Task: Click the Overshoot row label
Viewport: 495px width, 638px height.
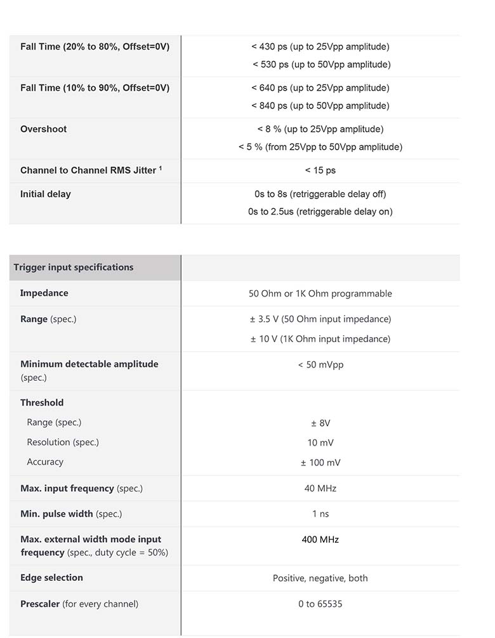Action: pos(43,129)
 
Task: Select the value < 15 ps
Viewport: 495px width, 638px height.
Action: pos(320,170)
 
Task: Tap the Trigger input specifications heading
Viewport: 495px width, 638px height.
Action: pos(74,267)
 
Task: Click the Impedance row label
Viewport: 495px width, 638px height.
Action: pos(44,293)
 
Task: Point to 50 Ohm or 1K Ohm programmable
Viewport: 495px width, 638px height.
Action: pos(320,294)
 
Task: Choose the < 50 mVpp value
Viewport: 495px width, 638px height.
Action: pos(320,364)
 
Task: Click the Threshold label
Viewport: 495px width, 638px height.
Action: pos(42,402)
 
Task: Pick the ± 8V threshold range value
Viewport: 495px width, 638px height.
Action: pos(320,423)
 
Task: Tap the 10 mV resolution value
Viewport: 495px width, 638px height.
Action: pos(320,442)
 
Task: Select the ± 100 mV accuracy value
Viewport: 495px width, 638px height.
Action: pos(320,463)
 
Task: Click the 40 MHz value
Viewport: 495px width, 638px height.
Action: pos(320,488)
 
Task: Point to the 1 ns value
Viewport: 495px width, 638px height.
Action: pos(320,514)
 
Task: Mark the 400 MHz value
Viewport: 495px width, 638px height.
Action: pos(320,540)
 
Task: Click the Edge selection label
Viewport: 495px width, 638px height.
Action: pos(51,578)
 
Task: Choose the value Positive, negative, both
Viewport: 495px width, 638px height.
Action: pos(320,578)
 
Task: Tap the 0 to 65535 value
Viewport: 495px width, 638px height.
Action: pos(320,604)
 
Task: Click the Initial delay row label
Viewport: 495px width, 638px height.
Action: pos(46,194)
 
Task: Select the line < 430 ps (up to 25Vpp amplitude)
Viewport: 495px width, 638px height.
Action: pos(320,46)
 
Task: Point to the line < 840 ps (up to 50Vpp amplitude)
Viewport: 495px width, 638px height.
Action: pos(320,105)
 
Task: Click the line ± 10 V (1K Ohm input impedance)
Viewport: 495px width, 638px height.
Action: pos(320,339)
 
